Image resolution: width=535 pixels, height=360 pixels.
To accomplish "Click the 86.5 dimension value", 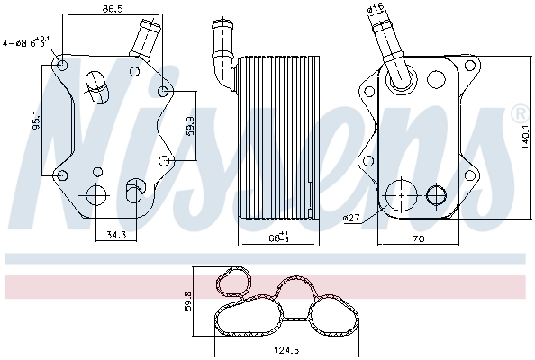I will click(113, 8).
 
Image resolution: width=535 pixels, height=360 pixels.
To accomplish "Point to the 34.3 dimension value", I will click(114, 235).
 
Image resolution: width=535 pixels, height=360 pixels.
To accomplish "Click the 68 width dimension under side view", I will click(277, 238).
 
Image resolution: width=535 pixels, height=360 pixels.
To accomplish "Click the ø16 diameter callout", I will click(376, 9).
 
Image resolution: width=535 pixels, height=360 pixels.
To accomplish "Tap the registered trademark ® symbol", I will click(519, 113).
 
